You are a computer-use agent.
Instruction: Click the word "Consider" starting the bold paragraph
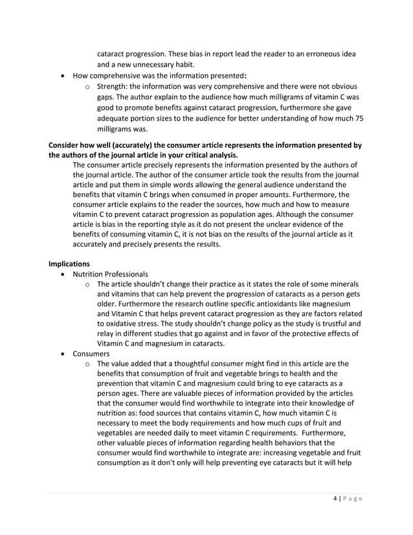pos(67,145)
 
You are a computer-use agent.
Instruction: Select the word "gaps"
pos(106,97)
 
